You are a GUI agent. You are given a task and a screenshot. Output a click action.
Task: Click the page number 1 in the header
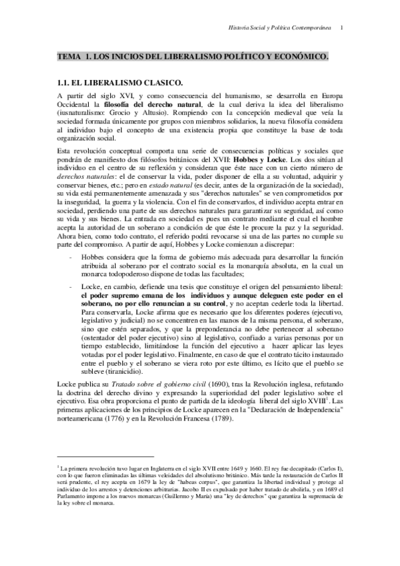coord(342,27)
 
